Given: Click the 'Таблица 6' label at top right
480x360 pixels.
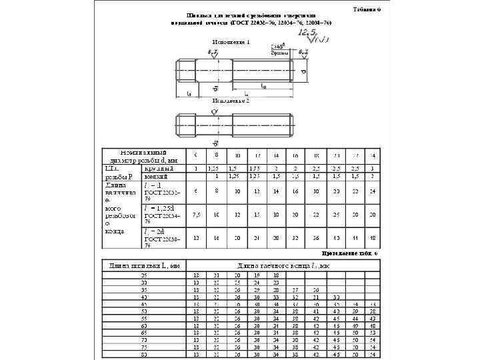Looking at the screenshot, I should (366, 9).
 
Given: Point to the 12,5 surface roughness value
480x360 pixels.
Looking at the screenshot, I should (308, 31).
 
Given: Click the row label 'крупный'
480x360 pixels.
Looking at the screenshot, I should (159, 168).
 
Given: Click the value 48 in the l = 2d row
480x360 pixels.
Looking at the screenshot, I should (373, 238).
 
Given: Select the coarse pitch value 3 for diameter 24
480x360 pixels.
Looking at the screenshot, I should (373, 168).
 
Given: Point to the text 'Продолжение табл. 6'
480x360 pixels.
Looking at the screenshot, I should (351, 253).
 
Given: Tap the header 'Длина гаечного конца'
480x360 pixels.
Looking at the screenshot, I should (283, 266).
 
